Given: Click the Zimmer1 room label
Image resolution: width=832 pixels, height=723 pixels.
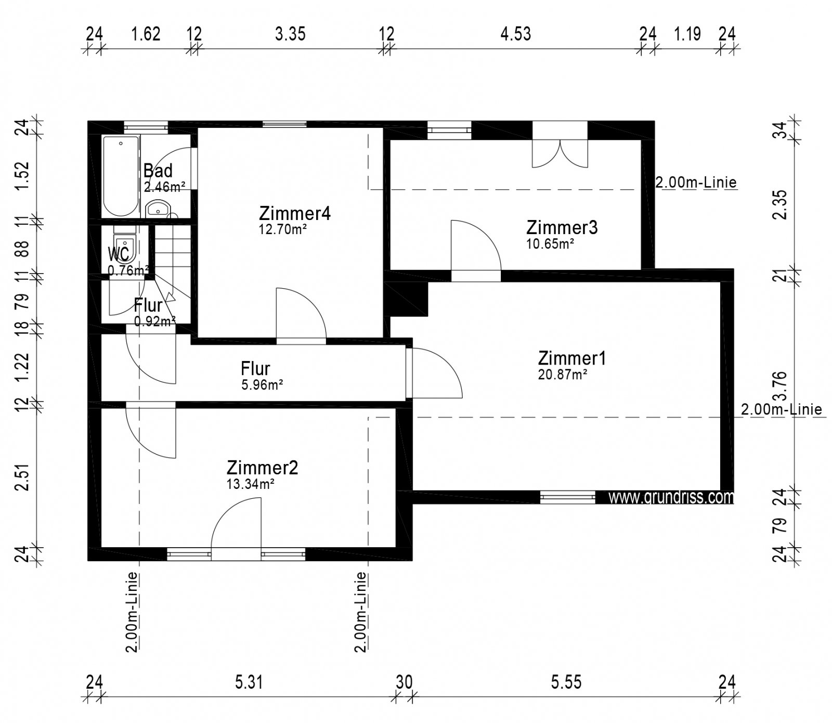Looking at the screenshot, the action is [571, 358].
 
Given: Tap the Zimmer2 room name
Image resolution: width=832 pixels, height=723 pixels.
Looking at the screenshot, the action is [262, 468].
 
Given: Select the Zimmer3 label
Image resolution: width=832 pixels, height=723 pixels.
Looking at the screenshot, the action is [562, 227].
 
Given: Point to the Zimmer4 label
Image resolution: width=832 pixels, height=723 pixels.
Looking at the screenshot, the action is [295, 213].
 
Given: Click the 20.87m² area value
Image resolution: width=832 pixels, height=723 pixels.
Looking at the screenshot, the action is [563, 375].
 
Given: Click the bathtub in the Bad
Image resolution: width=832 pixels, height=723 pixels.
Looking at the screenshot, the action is [121, 176].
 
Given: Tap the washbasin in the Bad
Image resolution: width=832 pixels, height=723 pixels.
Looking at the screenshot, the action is [158, 209].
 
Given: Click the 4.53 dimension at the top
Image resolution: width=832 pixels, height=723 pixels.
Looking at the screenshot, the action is [515, 34].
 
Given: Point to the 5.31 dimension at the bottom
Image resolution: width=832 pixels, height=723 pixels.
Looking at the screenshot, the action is [249, 681].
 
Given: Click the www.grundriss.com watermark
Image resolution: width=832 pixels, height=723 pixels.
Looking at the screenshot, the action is [671, 497].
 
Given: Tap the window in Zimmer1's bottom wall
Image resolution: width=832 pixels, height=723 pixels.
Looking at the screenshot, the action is [568, 497].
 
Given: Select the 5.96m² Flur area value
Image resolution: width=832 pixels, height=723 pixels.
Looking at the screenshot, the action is [262, 385].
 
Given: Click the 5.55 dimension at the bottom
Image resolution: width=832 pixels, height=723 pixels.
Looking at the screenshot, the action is [566, 681].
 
